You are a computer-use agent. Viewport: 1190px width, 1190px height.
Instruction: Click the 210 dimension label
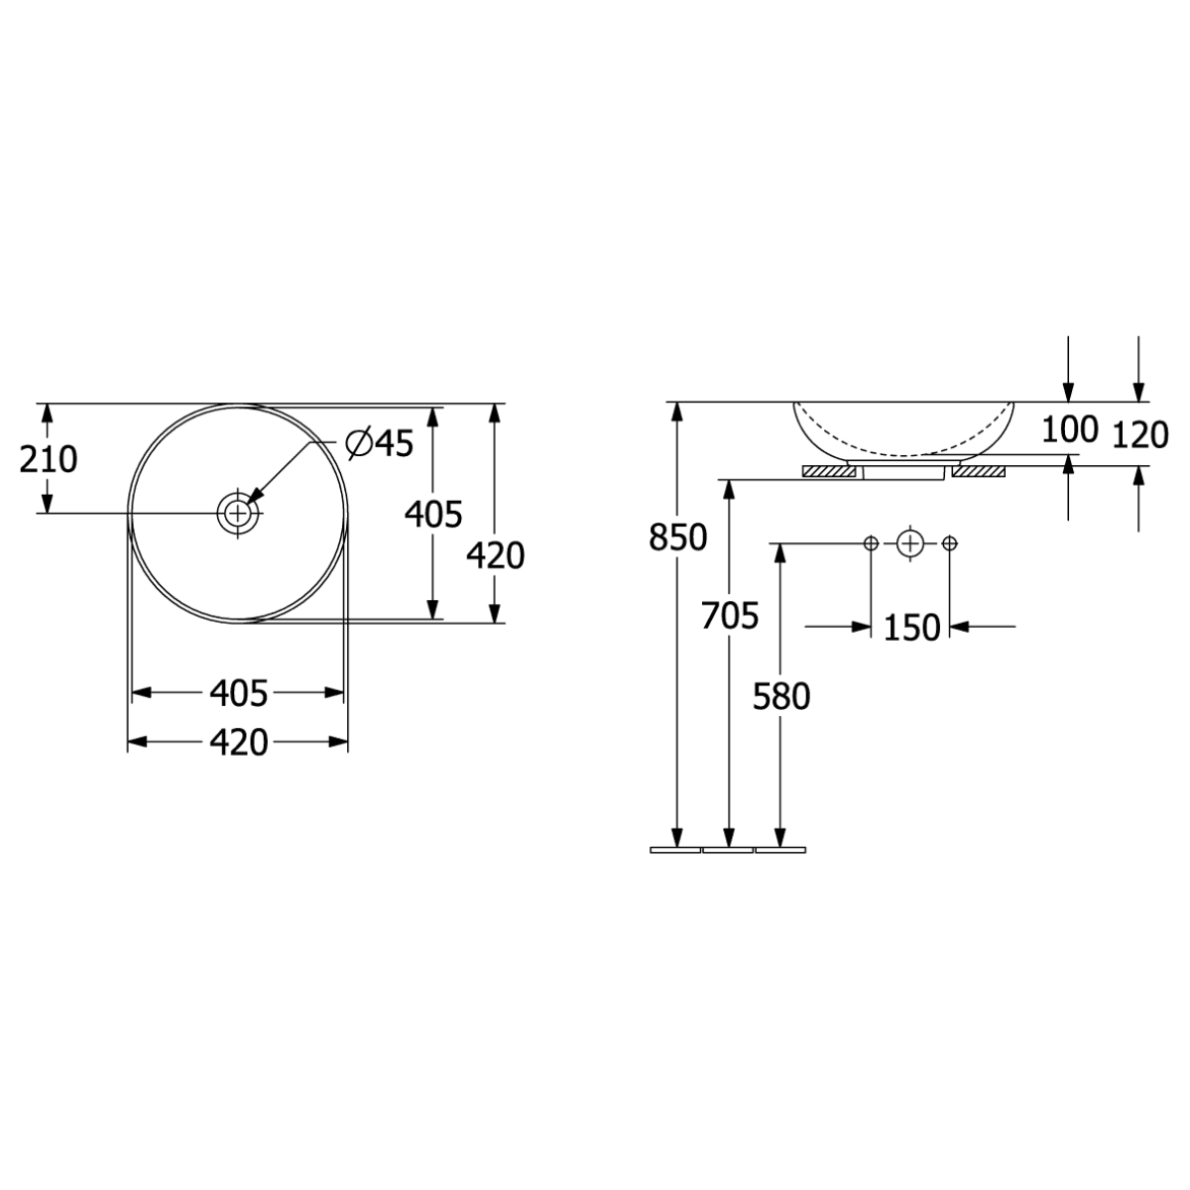pos(49,459)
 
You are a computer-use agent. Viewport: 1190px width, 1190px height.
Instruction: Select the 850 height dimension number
pos(677,537)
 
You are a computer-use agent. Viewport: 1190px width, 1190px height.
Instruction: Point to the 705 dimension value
pos(729,616)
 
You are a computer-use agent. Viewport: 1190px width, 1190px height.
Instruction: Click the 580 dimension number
pos(781,696)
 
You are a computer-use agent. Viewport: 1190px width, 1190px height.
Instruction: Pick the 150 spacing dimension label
pos(912,628)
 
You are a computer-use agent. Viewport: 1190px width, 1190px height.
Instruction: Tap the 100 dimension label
pos(1070,429)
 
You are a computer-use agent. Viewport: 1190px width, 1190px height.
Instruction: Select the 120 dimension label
pos(1140,434)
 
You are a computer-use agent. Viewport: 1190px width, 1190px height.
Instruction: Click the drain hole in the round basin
pos(238,513)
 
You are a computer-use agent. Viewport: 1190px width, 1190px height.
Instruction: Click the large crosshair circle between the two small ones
pos(909,543)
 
